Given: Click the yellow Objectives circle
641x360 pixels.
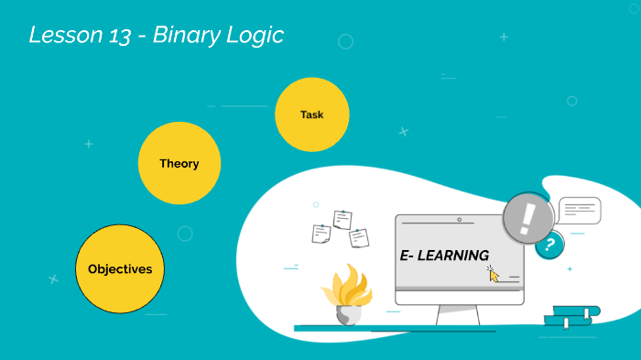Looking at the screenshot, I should [x=120, y=269].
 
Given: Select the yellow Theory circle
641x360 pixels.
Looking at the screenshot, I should [x=179, y=163].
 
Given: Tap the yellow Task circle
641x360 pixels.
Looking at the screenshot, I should [x=312, y=115].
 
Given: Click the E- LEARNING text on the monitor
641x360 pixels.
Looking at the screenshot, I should [x=444, y=255].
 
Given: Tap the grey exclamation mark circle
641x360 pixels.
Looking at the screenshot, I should [x=528, y=218].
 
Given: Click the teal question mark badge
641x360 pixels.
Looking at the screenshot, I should [x=549, y=245].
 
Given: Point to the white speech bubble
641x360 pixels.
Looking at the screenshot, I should [x=579, y=211].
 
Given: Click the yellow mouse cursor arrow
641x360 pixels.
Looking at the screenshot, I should [x=494, y=275].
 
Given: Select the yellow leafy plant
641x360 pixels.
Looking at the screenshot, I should [x=346, y=286].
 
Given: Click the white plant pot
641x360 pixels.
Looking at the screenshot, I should [x=349, y=314].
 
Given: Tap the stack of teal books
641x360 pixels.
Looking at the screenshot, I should [x=571, y=316].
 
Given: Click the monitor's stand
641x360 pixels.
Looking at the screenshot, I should [x=458, y=314].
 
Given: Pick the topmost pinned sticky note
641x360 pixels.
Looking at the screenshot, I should [x=342, y=219].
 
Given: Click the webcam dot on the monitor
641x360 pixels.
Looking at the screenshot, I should [x=458, y=220].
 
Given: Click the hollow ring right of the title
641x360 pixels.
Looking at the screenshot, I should [x=345, y=41].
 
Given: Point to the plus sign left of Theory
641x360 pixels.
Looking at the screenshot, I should [x=89, y=144].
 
